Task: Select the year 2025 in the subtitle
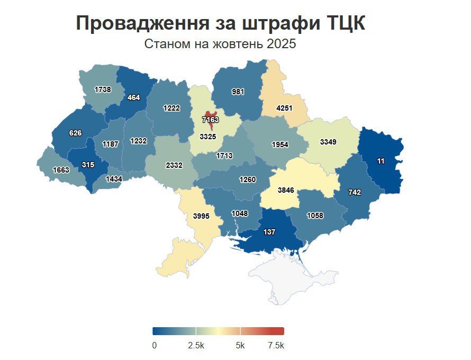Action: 282,44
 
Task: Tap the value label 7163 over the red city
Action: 210,120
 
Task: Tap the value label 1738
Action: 103,89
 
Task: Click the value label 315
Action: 88,165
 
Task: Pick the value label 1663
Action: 61,170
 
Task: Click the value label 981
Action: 238,91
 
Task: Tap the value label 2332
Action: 174,165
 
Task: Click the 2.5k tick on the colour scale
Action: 196,345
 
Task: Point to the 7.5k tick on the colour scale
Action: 276,345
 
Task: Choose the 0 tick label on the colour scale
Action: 154,345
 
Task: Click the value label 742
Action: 354,192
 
